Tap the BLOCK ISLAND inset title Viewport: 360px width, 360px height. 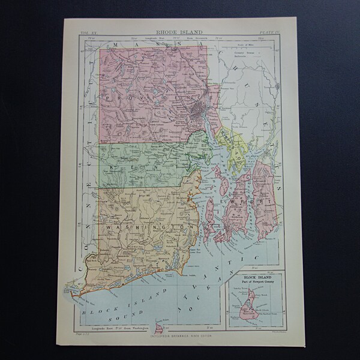pyautogui.click(x=254, y=278)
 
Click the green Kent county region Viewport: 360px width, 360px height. pyautogui.click(x=144, y=162)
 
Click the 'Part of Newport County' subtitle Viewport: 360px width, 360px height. pyautogui.click(x=254, y=284)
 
